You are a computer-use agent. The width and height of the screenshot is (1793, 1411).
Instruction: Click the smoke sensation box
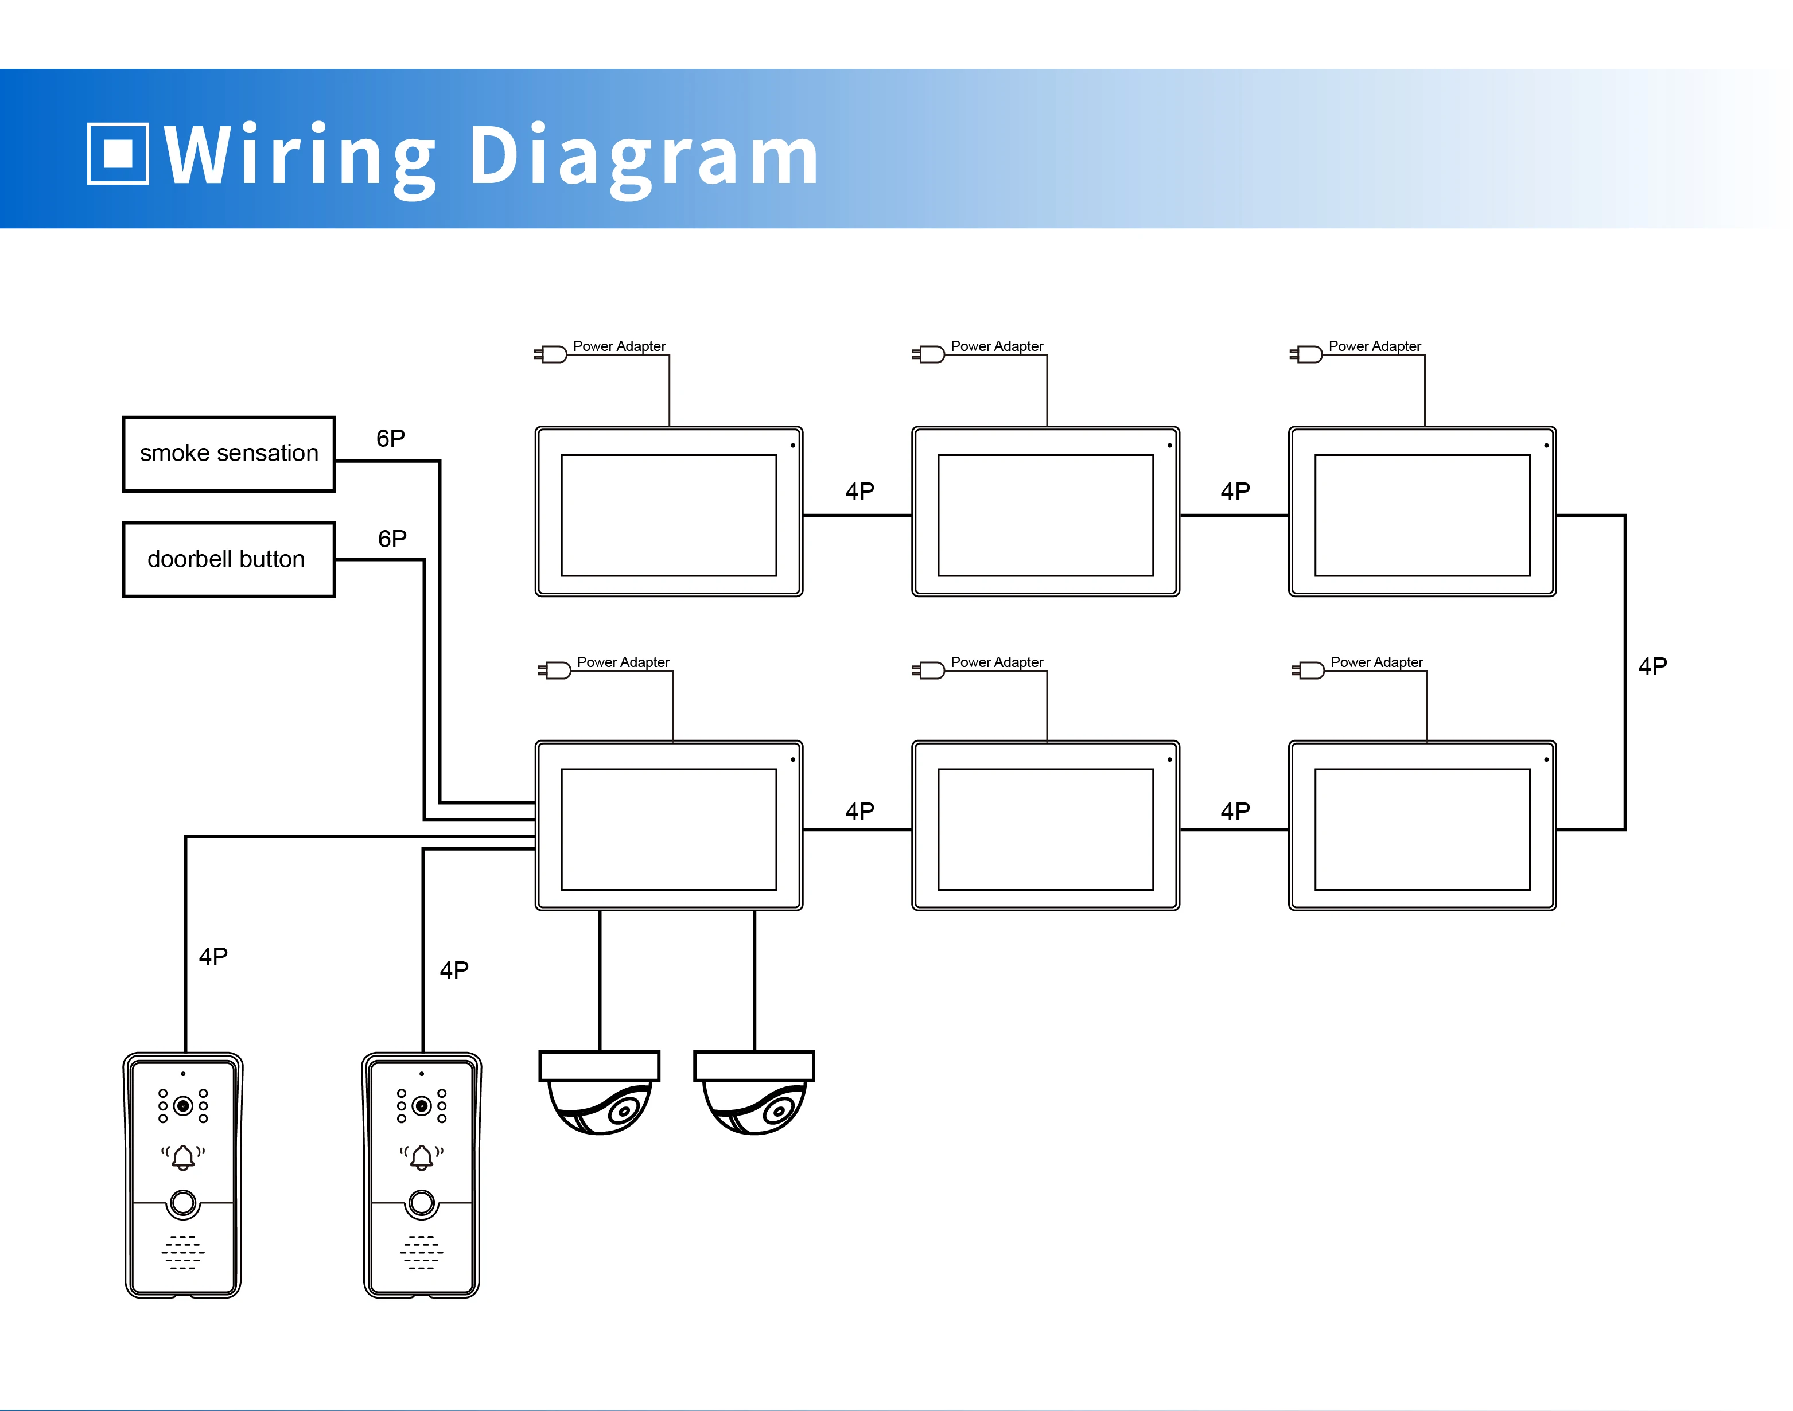229,454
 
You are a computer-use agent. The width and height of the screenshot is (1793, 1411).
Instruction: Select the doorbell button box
229,559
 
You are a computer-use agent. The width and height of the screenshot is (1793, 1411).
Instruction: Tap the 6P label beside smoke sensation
390,439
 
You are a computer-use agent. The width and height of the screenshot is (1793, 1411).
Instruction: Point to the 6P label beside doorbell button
392,539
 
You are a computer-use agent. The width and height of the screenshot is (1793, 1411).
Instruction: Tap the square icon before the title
118,154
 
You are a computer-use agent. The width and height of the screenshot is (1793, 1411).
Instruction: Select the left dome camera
600,1092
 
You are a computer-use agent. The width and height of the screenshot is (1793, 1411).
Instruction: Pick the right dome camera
754,1092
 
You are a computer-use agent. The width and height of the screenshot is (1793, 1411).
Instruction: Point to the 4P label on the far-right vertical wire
1652,666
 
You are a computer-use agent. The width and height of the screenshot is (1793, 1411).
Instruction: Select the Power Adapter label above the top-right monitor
1374,346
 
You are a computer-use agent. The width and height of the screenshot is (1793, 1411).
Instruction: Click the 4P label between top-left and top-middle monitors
859,492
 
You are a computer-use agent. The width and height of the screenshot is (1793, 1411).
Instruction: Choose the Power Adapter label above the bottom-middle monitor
997,662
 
